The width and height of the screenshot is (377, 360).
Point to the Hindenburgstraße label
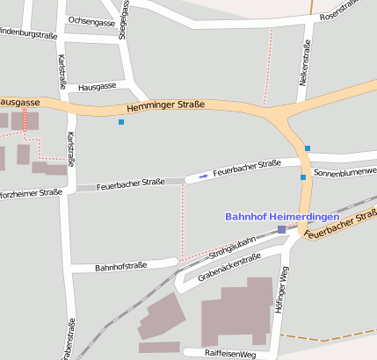(26, 35)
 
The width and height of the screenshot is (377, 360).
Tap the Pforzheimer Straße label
(30, 192)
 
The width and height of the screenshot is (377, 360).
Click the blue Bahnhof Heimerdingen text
(282, 216)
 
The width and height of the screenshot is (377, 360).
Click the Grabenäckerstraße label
(229, 267)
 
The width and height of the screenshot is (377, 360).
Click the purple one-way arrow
(204, 176)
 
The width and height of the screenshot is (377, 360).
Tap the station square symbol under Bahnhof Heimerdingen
(281, 229)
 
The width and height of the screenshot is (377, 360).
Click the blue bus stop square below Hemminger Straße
(120, 122)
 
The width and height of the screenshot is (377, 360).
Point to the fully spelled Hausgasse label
(97, 87)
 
